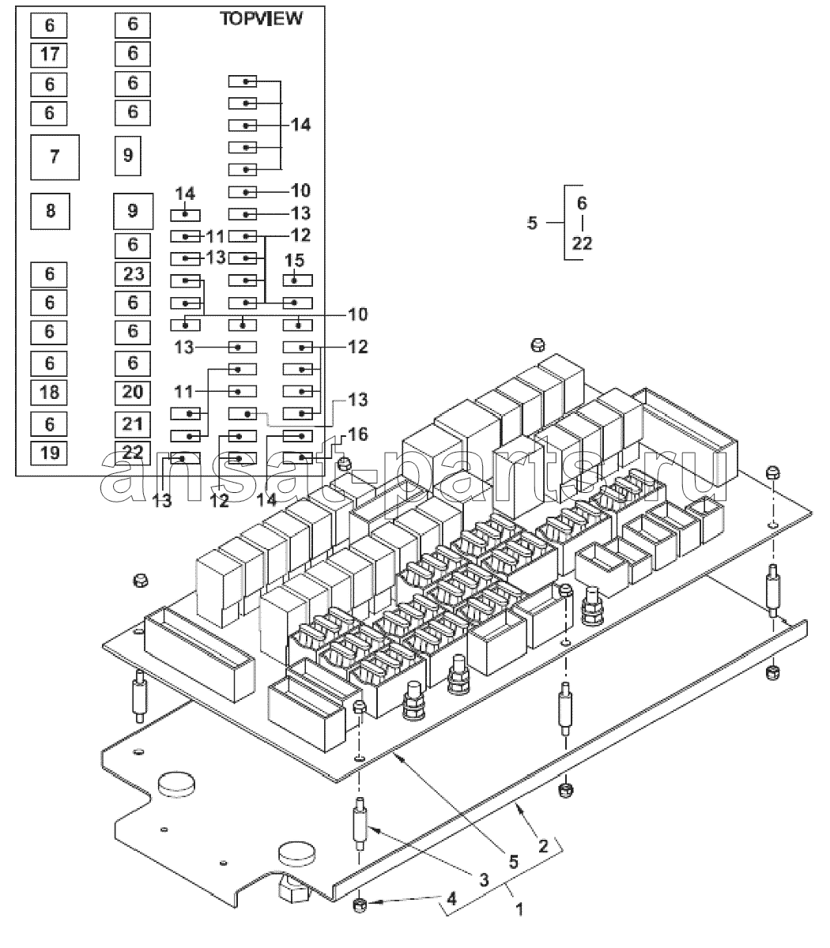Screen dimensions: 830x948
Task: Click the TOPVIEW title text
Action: point(262,19)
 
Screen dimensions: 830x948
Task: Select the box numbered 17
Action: point(49,55)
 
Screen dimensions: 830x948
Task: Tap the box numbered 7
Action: point(55,157)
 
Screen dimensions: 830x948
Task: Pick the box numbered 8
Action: point(50,211)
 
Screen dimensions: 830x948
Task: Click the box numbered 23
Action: point(133,274)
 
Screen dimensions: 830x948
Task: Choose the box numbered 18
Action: point(49,393)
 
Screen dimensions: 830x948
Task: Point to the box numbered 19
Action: point(49,453)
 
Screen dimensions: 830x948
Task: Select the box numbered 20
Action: point(133,393)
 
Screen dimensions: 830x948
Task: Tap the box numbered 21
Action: point(133,424)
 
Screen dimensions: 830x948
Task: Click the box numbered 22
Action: point(133,453)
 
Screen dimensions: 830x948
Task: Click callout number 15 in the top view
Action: point(294,261)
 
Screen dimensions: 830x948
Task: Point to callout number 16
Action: point(357,434)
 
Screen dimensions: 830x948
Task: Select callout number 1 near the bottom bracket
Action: point(519,909)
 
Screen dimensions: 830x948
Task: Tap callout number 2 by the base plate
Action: point(543,846)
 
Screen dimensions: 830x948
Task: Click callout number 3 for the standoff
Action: point(484,879)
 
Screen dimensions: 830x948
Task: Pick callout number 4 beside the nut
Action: point(451,898)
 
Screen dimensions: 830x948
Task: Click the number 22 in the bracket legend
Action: point(582,243)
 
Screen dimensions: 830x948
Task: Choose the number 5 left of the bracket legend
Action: point(532,224)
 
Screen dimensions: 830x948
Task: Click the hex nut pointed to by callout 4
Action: point(360,905)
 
